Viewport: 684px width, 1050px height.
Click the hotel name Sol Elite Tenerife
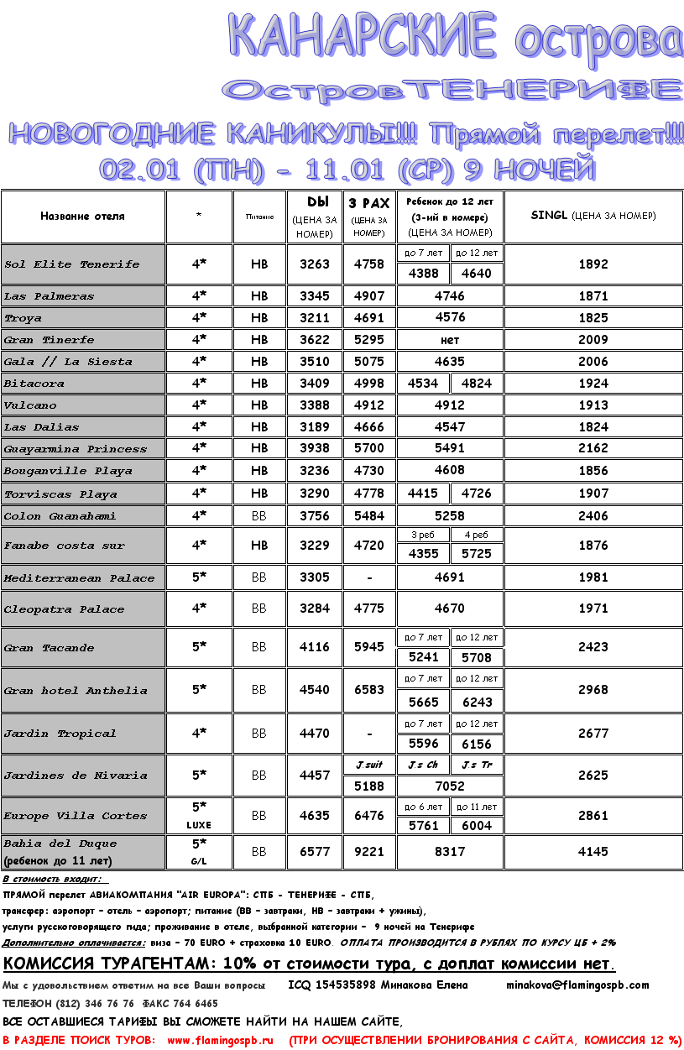pyautogui.click(x=72, y=264)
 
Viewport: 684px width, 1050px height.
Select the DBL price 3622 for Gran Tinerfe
pyautogui.click(x=315, y=340)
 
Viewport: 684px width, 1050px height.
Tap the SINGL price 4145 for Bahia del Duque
pyautogui.click(x=593, y=852)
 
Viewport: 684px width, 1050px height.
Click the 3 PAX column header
pyautogui.click(x=369, y=203)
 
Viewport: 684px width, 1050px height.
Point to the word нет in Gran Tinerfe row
pyautogui.click(x=449, y=340)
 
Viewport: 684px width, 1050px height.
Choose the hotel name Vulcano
pyautogui.click(x=31, y=405)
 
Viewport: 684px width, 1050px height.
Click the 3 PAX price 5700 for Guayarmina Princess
pyautogui.click(x=369, y=449)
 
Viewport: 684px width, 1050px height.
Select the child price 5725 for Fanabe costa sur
pyautogui.click(x=476, y=555)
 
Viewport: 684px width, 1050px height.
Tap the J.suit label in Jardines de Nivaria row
pyautogui.click(x=369, y=765)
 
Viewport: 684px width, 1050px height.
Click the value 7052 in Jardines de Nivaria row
pyautogui.click(x=449, y=786)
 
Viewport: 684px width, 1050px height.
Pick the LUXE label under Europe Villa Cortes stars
pyautogui.click(x=199, y=825)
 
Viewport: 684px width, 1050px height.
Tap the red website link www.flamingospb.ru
pyautogui.click(x=221, y=1040)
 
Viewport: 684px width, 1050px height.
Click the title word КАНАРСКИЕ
pyautogui.click(x=362, y=37)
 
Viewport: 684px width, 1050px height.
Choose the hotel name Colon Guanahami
pyautogui.click(x=60, y=516)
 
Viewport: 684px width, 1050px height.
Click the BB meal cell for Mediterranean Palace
pyautogui.click(x=259, y=578)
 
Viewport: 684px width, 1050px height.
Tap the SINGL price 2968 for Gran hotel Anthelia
pyautogui.click(x=593, y=690)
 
